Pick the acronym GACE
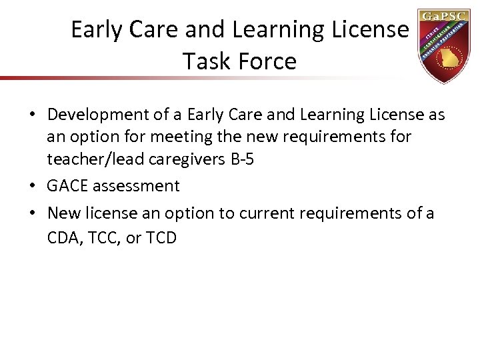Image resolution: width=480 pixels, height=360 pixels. click(68, 186)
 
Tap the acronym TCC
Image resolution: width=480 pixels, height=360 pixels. click(102, 237)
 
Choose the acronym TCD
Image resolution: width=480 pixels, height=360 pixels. click(159, 237)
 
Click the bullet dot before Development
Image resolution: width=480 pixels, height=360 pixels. click(33, 116)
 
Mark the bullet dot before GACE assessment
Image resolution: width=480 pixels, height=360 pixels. click(33, 187)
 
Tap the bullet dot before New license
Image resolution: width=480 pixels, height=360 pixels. click(33, 214)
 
